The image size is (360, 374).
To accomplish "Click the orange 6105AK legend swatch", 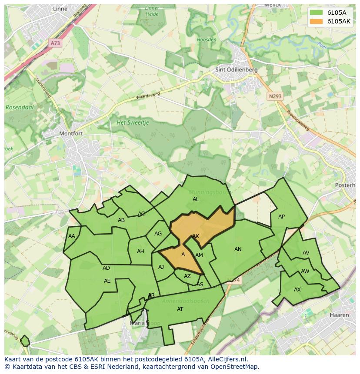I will point(316,21).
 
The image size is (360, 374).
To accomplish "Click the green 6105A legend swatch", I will point(316,12).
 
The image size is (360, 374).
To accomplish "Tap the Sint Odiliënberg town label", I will point(237,70).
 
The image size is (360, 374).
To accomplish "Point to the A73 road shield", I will point(55,43).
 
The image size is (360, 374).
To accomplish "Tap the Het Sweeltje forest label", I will point(133,123).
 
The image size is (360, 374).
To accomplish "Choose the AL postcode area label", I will point(196,199).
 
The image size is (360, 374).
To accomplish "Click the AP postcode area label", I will point(281,217).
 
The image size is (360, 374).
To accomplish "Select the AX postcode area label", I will point(297,290).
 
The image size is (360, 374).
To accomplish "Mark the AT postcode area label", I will point(180,309).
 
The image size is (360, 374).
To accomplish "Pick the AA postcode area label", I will point(72,236).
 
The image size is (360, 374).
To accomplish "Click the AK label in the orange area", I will point(196,236).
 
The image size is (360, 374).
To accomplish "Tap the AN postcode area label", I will point(238,249).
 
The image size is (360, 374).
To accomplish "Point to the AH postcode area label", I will point(140,252).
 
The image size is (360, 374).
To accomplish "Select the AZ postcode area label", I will point(187,276).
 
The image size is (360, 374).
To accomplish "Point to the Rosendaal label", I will point(20,107).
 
